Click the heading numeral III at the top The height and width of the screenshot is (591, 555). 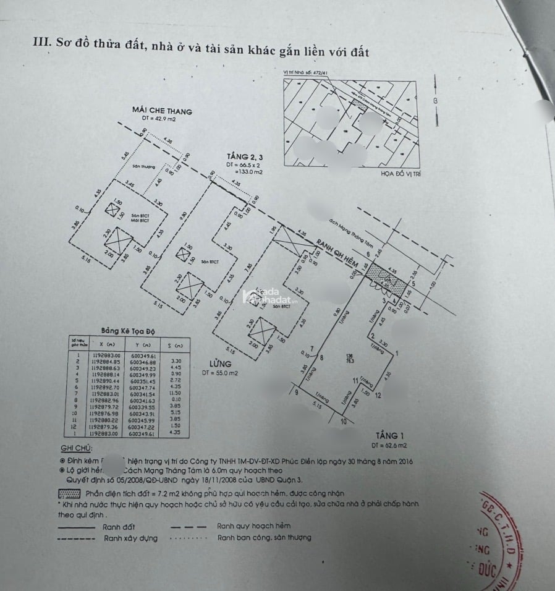pyautogui.click(x=41, y=43)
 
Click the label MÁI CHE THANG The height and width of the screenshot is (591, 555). pyautogui.click(x=162, y=111)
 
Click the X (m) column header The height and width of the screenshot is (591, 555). pyautogui.click(x=106, y=344)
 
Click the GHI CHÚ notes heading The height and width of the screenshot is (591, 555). pyautogui.click(x=76, y=448)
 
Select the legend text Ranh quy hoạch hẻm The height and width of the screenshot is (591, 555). pyautogui.click(x=254, y=526)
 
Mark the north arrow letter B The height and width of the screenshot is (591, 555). pyautogui.click(x=435, y=101)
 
